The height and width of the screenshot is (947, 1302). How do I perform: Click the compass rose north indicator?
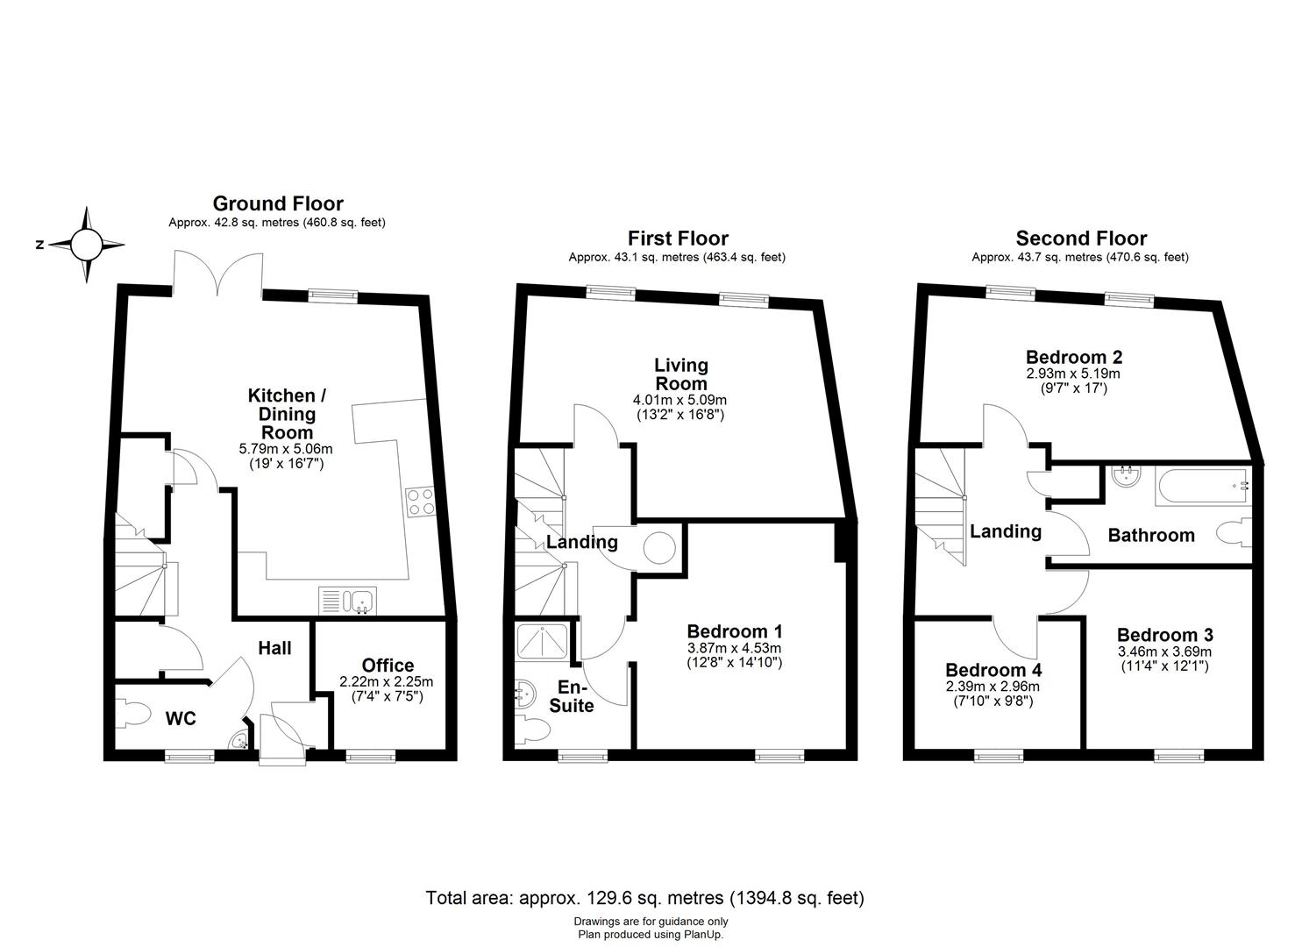(x=86, y=245)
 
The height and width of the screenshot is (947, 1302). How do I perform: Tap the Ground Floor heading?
(x=278, y=204)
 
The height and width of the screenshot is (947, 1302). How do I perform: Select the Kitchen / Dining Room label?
(x=281, y=414)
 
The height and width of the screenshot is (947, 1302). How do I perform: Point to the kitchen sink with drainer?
(x=349, y=602)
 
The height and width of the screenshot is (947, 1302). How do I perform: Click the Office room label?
(x=388, y=666)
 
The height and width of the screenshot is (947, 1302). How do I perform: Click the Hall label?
(x=274, y=648)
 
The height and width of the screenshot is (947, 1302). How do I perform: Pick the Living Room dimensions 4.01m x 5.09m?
(x=680, y=400)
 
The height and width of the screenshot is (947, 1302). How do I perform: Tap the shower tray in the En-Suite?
(x=544, y=641)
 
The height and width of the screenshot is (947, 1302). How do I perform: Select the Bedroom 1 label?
(x=734, y=631)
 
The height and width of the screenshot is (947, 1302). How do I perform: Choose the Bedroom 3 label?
(x=1164, y=635)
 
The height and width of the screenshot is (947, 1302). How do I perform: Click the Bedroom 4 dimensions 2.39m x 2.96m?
(x=993, y=687)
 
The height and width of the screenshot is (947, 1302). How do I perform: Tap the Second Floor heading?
(x=1081, y=239)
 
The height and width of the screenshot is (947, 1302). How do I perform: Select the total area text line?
(x=645, y=898)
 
